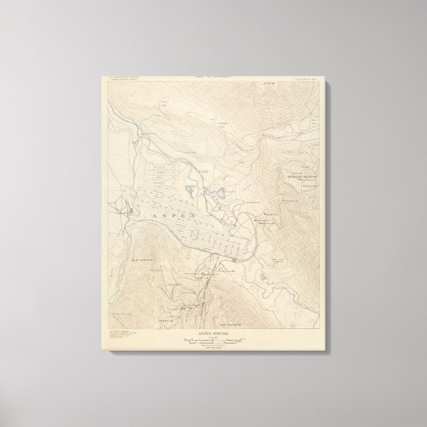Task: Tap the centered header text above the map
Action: click(213, 77)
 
